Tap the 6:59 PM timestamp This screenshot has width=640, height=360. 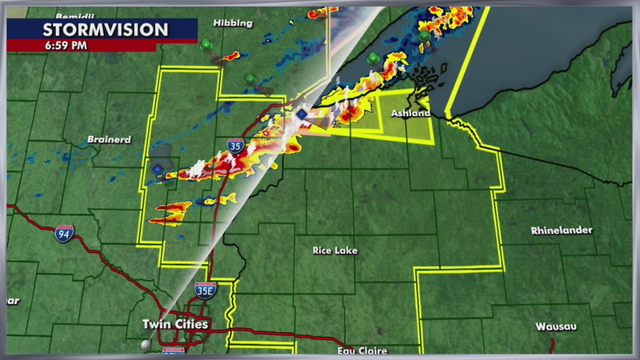65,46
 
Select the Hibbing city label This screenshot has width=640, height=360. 236,23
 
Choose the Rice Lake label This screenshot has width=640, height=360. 335,250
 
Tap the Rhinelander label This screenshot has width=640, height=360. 561,230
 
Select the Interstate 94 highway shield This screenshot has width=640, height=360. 65,233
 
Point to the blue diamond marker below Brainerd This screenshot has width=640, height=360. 158,171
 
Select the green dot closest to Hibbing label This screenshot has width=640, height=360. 207,45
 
